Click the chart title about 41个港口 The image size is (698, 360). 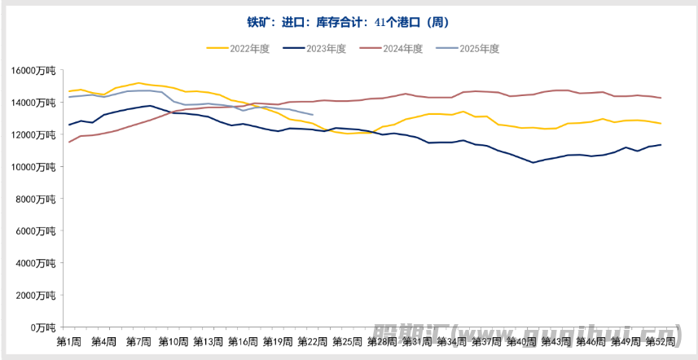coord(348,22)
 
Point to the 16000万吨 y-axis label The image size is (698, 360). coord(33,71)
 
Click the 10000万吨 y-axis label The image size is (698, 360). coord(33,167)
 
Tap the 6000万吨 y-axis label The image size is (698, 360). coord(36,231)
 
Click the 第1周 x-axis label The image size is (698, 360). coord(68,340)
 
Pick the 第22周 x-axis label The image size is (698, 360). coord(313,340)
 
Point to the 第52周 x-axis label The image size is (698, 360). coord(661,340)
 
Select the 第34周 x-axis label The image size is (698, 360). coord(452,340)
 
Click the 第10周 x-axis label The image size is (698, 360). coord(173,340)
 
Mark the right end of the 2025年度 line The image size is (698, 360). coord(313,115)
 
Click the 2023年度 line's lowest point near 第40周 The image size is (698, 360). coord(533,163)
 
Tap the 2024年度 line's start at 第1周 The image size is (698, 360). coord(69,142)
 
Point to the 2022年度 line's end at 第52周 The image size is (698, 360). coord(661,124)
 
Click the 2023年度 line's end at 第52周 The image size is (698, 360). coord(661,145)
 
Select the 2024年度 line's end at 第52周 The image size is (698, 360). coord(661,98)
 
